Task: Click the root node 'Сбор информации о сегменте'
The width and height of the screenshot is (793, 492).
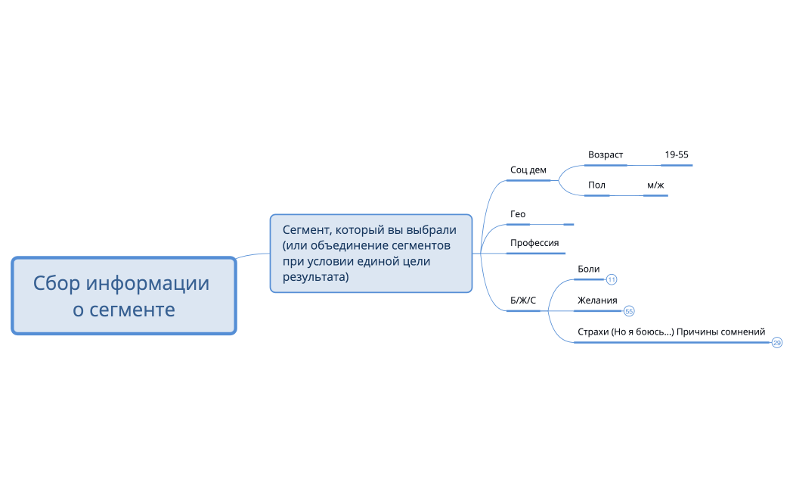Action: [x=124, y=295]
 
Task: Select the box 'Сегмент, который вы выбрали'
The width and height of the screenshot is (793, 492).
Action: [x=370, y=253]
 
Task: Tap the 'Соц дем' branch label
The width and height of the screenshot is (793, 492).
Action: [x=528, y=170]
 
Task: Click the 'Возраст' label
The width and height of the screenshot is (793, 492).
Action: [x=606, y=155]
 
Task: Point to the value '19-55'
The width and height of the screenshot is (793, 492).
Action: [x=676, y=155]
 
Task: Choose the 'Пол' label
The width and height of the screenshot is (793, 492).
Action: [x=596, y=185]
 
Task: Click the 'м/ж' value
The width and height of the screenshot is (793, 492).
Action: [x=655, y=185]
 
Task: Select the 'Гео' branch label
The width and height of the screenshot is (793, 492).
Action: [x=518, y=214]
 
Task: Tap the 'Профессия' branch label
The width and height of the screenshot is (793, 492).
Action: [x=534, y=243]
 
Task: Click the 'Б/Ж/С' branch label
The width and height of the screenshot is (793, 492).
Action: [x=523, y=300]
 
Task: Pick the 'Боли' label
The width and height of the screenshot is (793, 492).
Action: [x=588, y=269]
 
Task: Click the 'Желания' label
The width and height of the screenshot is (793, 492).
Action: [x=597, y=300]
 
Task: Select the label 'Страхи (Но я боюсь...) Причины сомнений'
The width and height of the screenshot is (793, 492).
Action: [x=671, y=332]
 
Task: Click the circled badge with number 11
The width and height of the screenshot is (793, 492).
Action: [x=612, y=280]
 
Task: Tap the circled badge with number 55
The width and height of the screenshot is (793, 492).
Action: [x=629, y=311]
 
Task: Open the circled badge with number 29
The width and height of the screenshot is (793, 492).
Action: [x=777, y=343]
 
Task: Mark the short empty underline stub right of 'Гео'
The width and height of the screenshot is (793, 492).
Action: [x=568, y=224]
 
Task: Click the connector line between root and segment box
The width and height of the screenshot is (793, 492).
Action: [x=252, y=255]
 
